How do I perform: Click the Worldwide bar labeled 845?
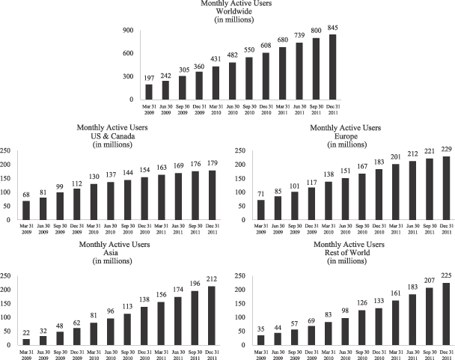(332, 67)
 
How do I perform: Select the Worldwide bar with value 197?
(149, 92)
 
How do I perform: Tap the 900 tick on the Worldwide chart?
(127, 31)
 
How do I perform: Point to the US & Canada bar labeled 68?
(26, 210)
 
